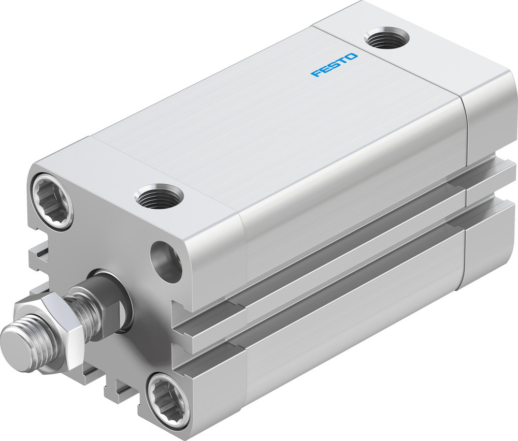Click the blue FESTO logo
pyautogui.click(x=334, y=65)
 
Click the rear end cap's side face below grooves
pyautogui.click(x=490, y=243)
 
